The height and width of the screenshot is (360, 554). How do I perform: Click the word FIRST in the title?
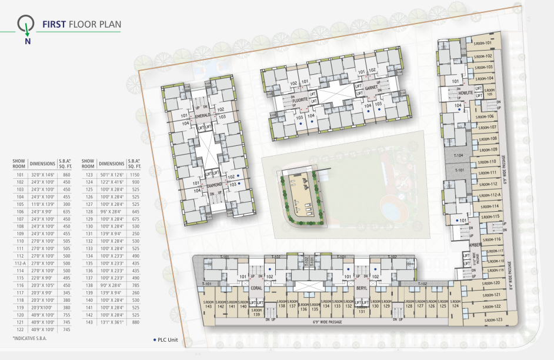point(54,25)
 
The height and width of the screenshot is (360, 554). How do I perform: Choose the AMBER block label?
point(474,245)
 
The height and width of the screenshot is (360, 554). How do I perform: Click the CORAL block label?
point(256,288)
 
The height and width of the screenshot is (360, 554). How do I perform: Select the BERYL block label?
point(361,288)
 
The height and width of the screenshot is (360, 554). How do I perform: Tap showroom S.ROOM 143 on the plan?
point(208,305)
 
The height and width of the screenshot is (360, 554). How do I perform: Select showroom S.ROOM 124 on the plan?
point(455,305)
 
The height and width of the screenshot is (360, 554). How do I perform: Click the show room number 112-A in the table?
point(21,263)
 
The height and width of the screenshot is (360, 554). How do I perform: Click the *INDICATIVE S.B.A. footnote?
point(29,339)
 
